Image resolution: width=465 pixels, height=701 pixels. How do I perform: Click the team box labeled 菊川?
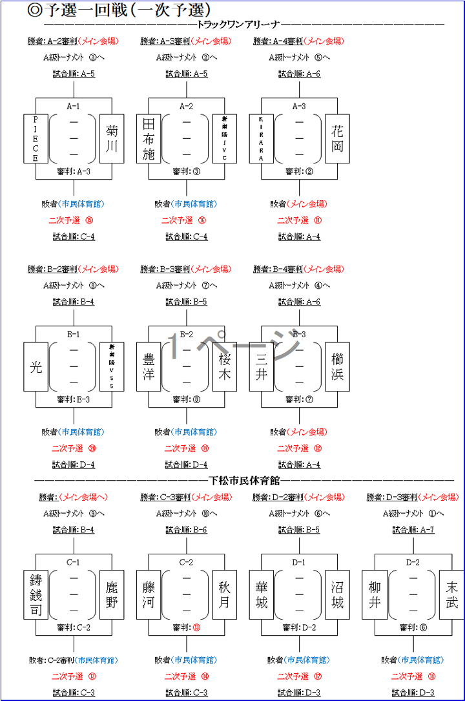coord(112,139)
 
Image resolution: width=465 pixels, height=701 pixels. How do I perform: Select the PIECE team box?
coord(36,139)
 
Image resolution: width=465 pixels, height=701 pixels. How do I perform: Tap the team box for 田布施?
coord(149,139)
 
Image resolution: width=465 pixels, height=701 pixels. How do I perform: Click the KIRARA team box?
coord(261,139)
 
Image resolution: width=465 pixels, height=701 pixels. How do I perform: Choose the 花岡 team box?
coord(337,139)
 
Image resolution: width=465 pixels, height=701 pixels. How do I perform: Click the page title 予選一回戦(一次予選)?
coord(119,10)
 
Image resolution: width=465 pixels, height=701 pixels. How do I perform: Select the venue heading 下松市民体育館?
coord(244,480)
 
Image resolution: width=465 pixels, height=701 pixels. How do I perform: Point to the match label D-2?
coord(413,562)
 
